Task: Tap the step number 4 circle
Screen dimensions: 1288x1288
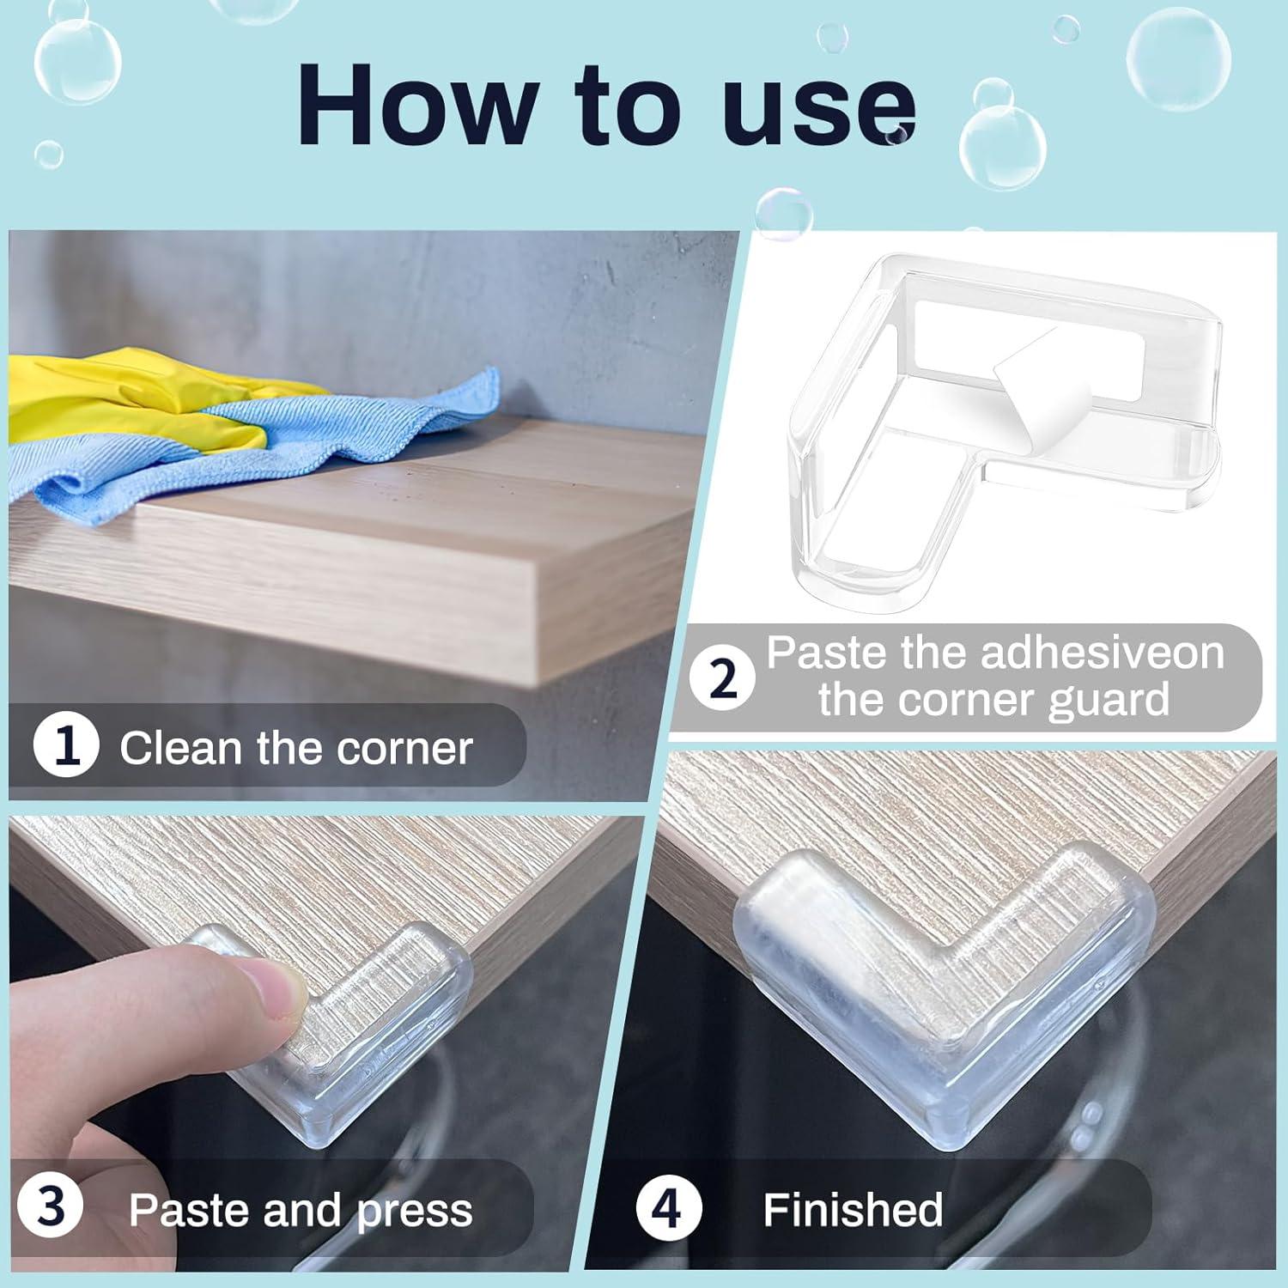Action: point(668,1208)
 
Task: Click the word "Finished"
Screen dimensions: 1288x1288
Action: point(853,1210)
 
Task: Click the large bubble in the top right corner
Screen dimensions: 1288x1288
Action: point(1177,58)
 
